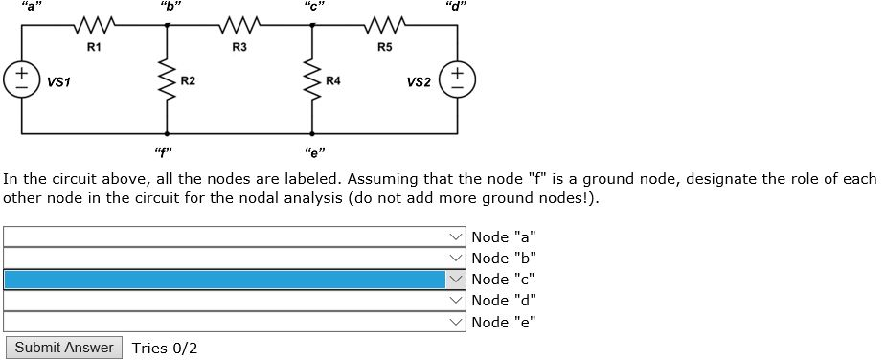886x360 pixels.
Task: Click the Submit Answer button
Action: (x=64, y=348)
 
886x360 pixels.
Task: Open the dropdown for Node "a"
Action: (x=235, y=236)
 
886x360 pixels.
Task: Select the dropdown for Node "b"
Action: (x=235, y=258)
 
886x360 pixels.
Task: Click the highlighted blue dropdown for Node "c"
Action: (x=235, y=279)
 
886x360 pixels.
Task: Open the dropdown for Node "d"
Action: (x=235, y=301)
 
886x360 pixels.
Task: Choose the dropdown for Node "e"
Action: (x=235, y=322)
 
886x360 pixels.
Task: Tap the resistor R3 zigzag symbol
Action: (x=239, y=24)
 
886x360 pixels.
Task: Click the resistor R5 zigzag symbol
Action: (x=383, y=24)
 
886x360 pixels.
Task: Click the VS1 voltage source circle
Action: (x=18, y=79)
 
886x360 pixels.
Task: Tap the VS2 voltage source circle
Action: (x=457, y=79)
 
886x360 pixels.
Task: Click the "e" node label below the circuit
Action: (x=312, y=151)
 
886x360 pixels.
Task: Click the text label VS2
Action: (x=418, y=82)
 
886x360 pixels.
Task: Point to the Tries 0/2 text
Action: (x=165, y=348)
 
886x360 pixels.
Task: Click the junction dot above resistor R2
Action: (x=168, y=25)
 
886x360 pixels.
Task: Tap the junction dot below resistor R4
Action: (x=311, y=133)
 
